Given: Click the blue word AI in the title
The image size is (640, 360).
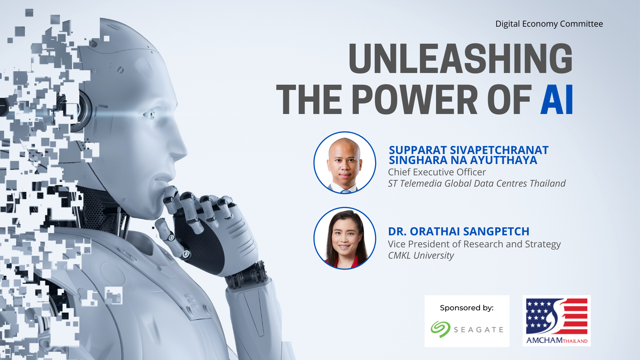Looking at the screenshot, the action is [557, 99].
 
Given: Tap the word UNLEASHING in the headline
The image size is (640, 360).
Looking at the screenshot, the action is [460, 59].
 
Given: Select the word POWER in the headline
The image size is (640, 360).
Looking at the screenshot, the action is [415, 99].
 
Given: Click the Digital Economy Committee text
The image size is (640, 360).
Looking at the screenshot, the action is [549, 24].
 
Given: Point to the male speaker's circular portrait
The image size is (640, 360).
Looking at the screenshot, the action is [345, 163].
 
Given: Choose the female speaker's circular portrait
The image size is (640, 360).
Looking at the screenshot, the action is [345, 238].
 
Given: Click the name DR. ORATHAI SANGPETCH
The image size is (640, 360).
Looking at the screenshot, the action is [459, 231].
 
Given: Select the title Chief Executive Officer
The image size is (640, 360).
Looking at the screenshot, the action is [437, 172].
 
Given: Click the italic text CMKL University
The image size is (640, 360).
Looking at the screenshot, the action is [421, 256].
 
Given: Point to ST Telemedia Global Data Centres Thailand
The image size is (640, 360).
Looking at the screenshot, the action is [477, 183].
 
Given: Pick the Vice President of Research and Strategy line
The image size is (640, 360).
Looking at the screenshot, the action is [474, 244].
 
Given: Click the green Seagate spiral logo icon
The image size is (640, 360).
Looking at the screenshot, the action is [440, 329].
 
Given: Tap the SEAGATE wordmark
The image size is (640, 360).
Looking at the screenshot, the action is [478, 330].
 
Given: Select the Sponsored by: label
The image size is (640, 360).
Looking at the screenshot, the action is [467, 308].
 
